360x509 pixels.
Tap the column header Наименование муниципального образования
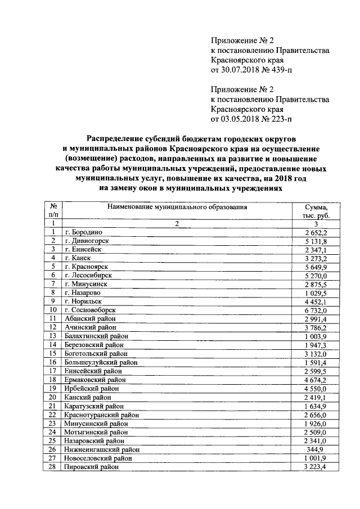[x=175, y=207]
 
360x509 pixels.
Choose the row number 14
[x=52, y=344]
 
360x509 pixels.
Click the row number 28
[x=52, y=466]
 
